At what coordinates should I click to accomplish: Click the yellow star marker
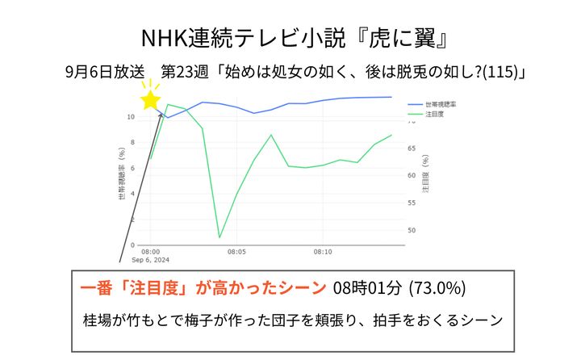click(150, 99)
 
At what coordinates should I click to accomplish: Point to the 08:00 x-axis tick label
click(150, 252)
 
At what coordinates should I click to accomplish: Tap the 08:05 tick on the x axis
click(237, 252)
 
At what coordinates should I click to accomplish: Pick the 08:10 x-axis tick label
click(324, 252)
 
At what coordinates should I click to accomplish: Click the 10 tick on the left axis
click(131, 117)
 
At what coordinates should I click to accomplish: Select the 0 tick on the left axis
click(133, 245)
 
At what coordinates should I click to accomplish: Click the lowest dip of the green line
click(219, 237)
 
